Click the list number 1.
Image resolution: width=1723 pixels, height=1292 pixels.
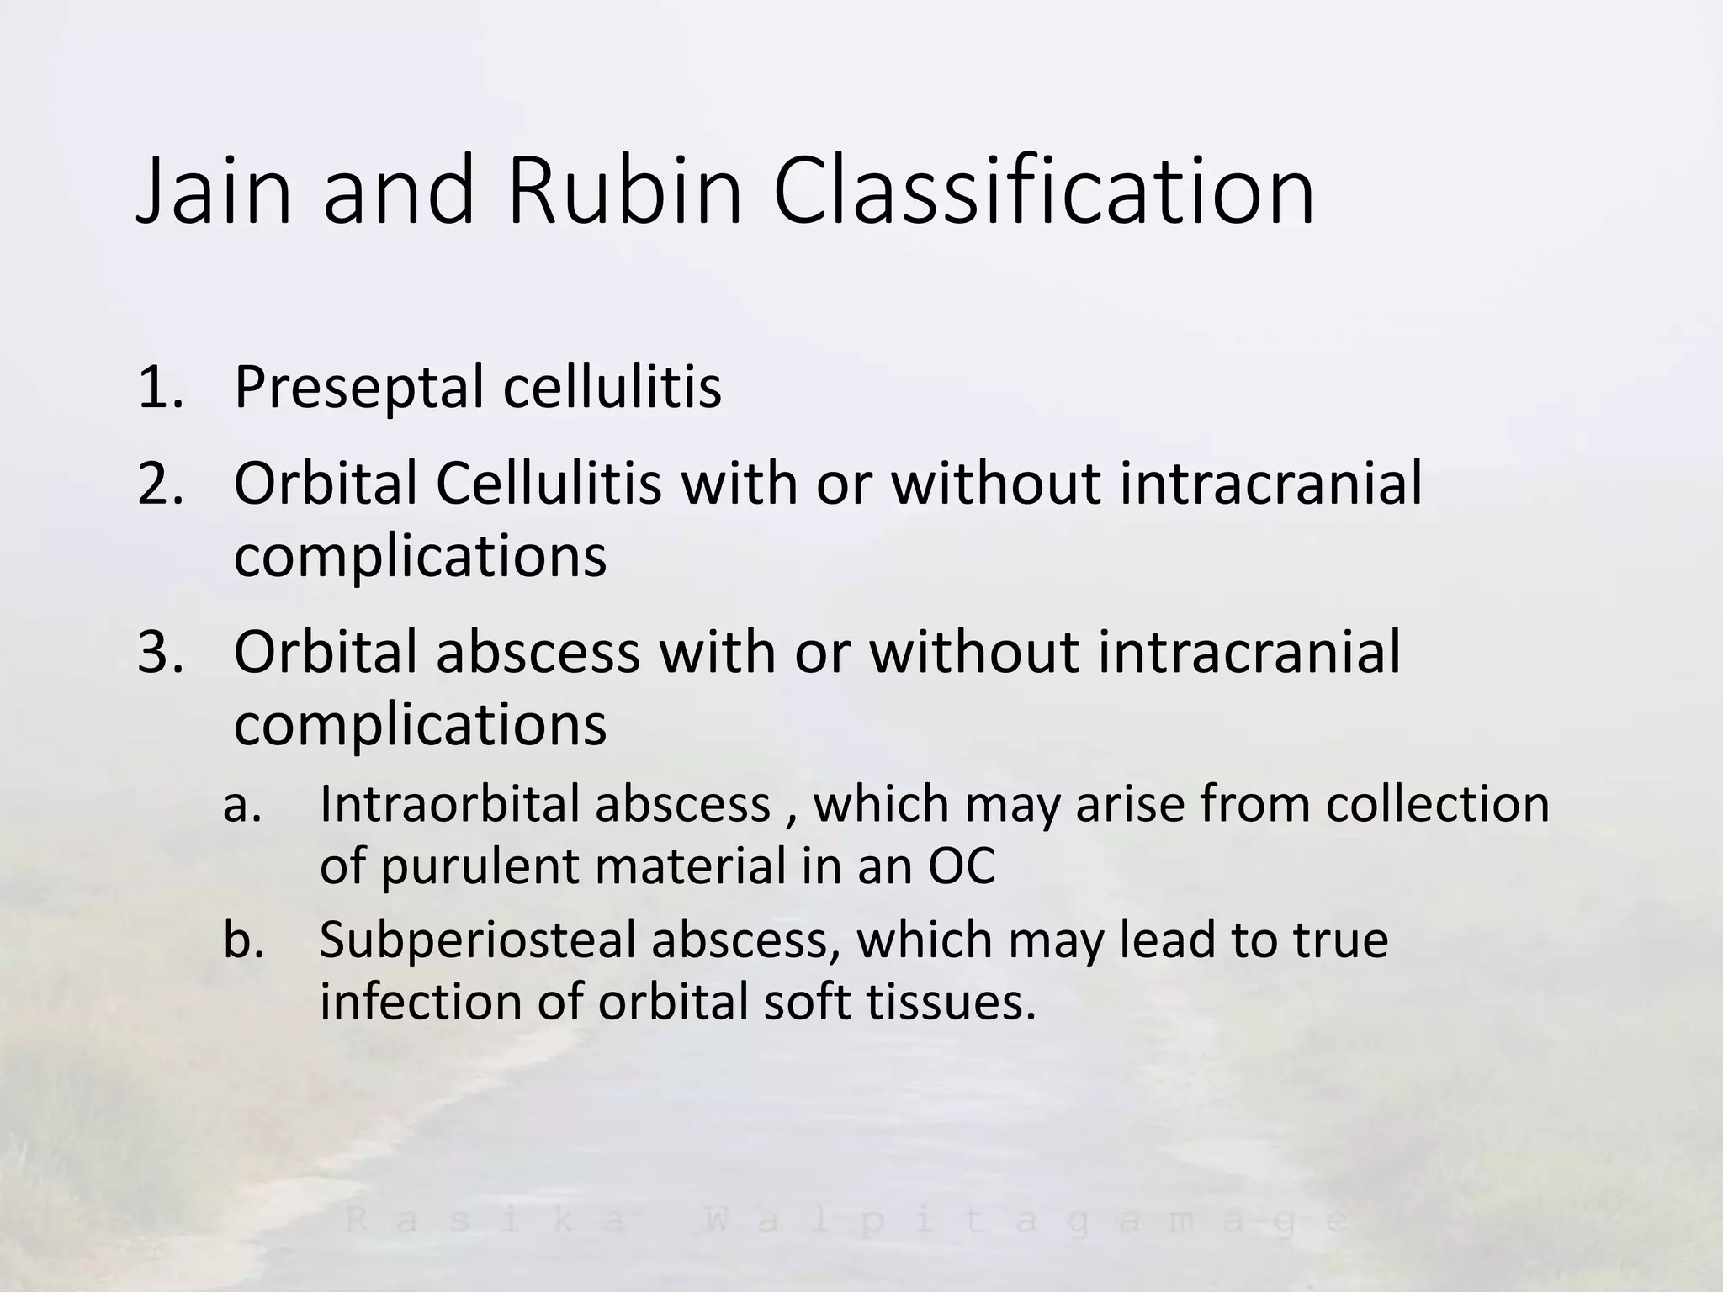(160, 387)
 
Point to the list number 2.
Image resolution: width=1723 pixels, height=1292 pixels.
(160, 484)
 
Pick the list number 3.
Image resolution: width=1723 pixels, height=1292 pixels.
(160, 652)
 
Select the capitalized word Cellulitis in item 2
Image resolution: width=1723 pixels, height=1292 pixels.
(549, 484)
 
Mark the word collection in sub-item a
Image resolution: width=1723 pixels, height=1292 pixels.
(1438, 805)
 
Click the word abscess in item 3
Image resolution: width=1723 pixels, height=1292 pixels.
(538, 652)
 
